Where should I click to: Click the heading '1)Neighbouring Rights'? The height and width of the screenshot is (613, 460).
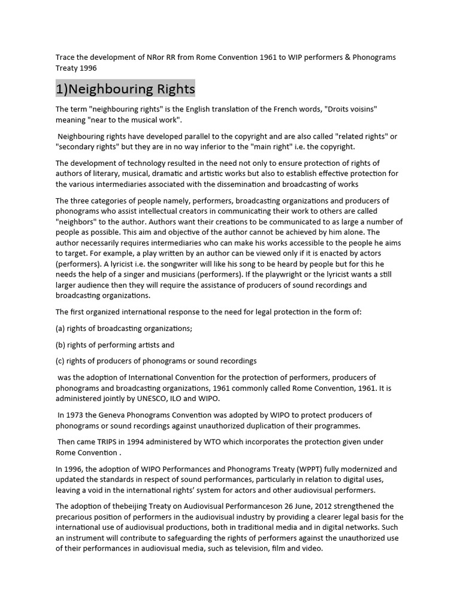[x=125, y=89]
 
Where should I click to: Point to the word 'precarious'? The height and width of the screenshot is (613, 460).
[x=76, y=517]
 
